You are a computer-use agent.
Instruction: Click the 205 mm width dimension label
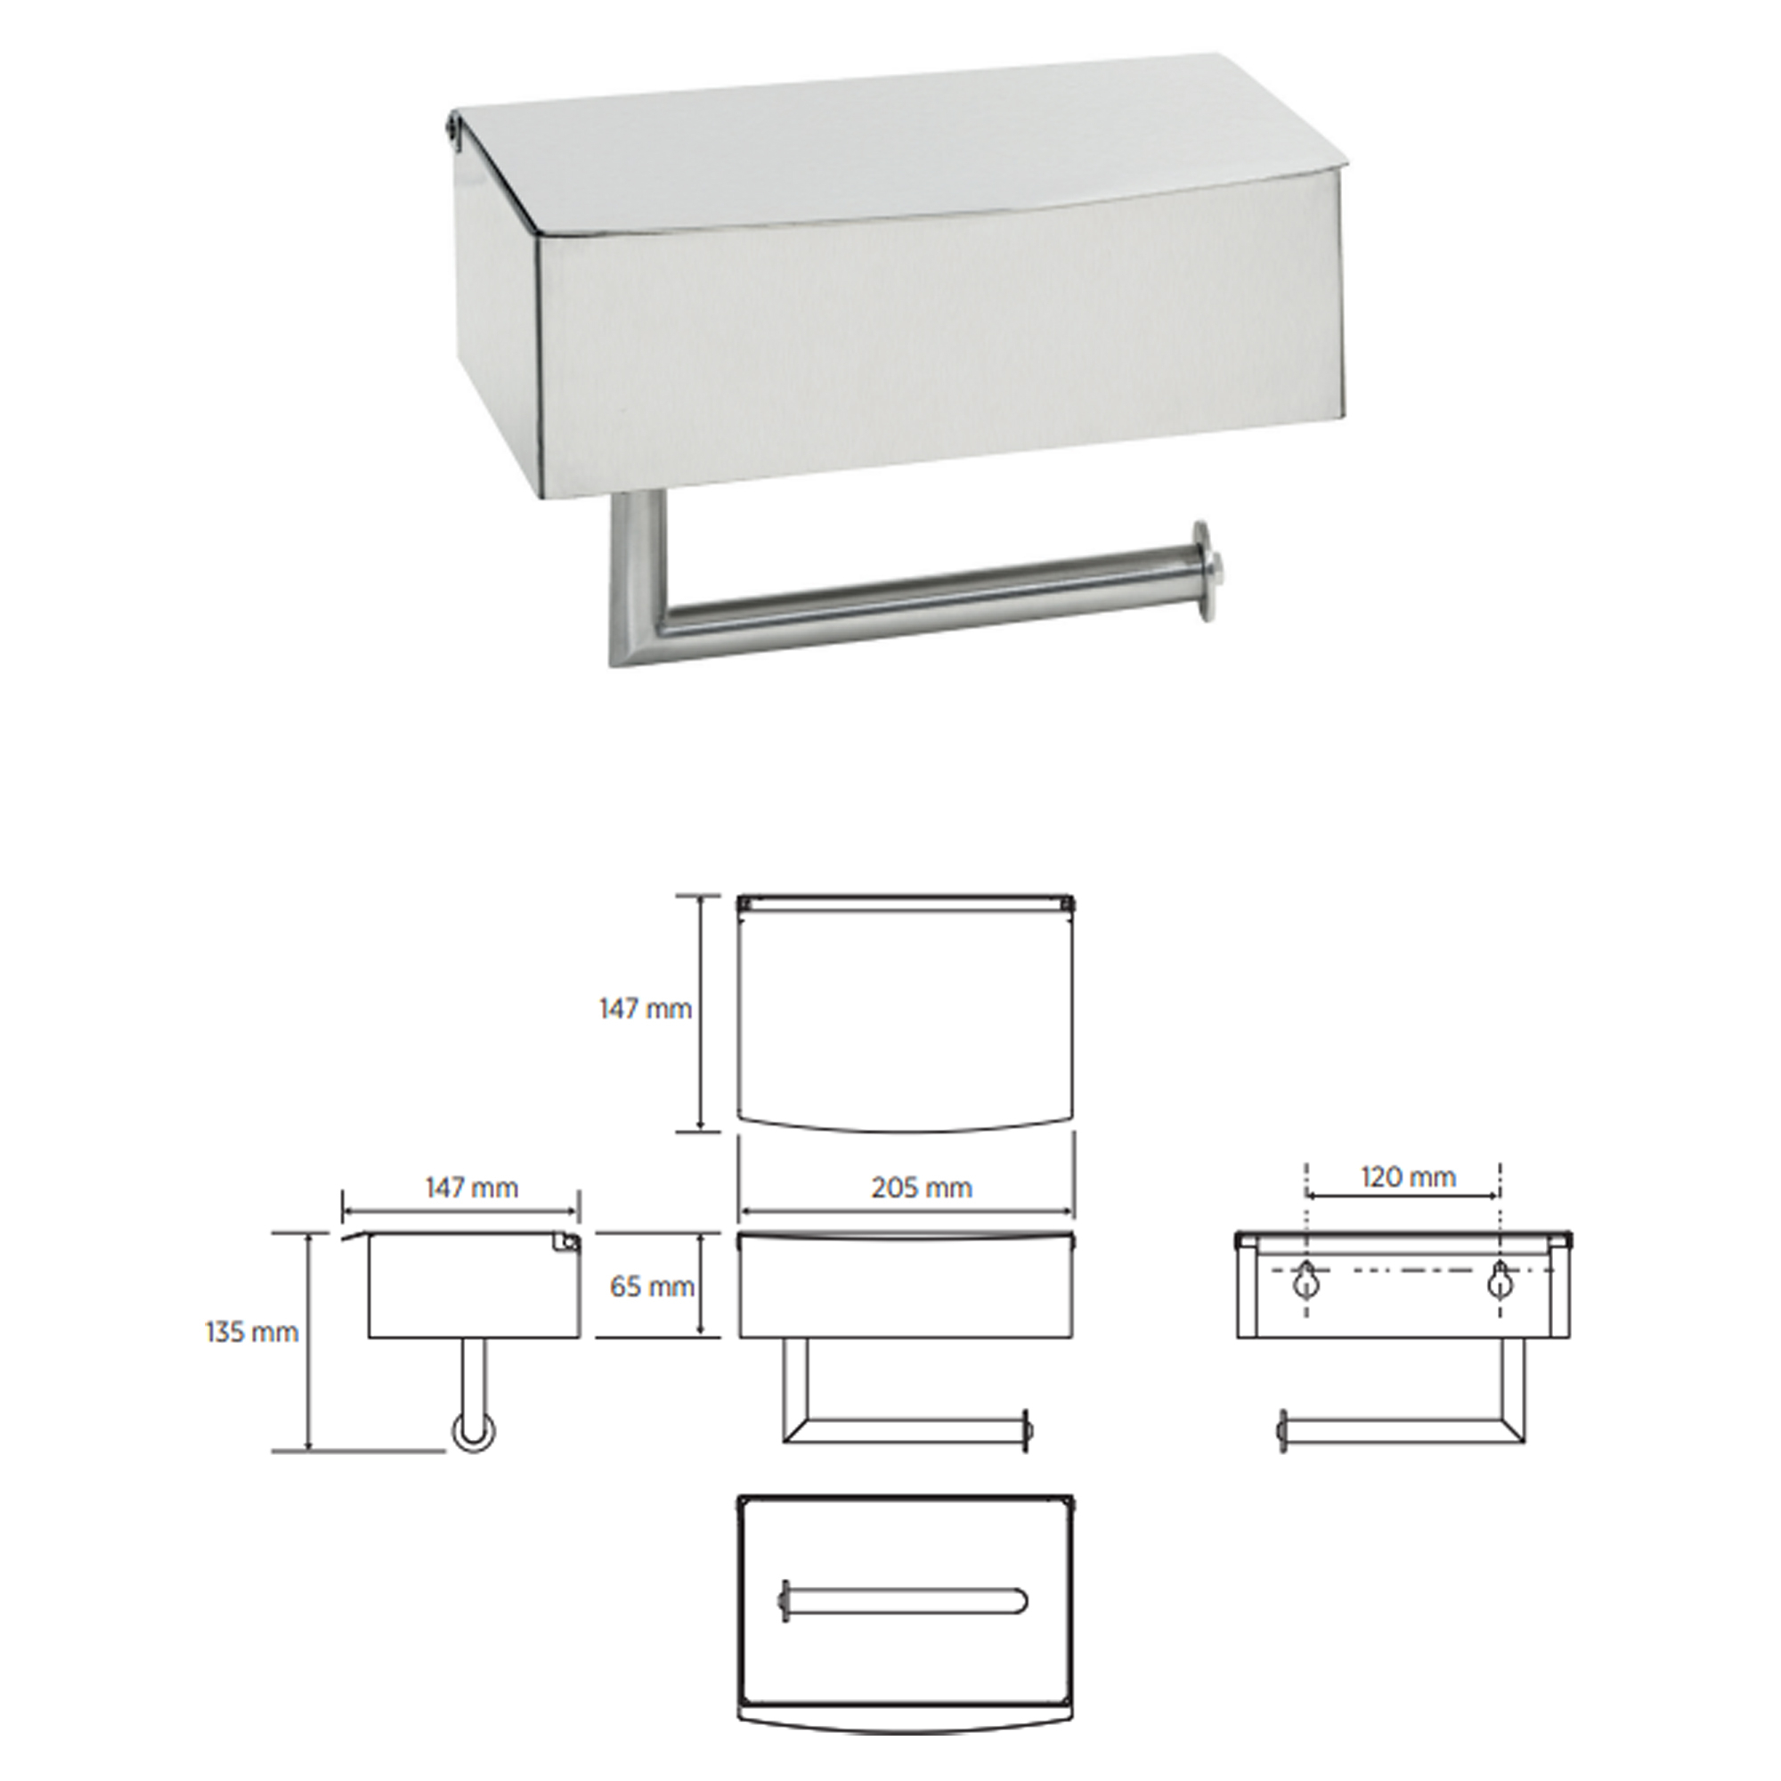click(921, 1188)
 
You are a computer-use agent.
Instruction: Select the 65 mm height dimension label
click(652, 1287)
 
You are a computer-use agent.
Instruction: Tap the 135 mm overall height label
click(252, 1332)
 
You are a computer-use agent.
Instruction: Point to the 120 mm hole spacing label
click(1408, 1177)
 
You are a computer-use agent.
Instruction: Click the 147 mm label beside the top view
click(646, 1009)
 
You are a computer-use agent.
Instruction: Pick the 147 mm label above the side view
click(471, 1187)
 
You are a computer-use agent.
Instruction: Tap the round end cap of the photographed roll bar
click(1205, 571)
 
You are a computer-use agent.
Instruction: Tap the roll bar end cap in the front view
click(1026, 1431)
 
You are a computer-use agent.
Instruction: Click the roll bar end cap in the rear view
click(1281, 1432)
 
